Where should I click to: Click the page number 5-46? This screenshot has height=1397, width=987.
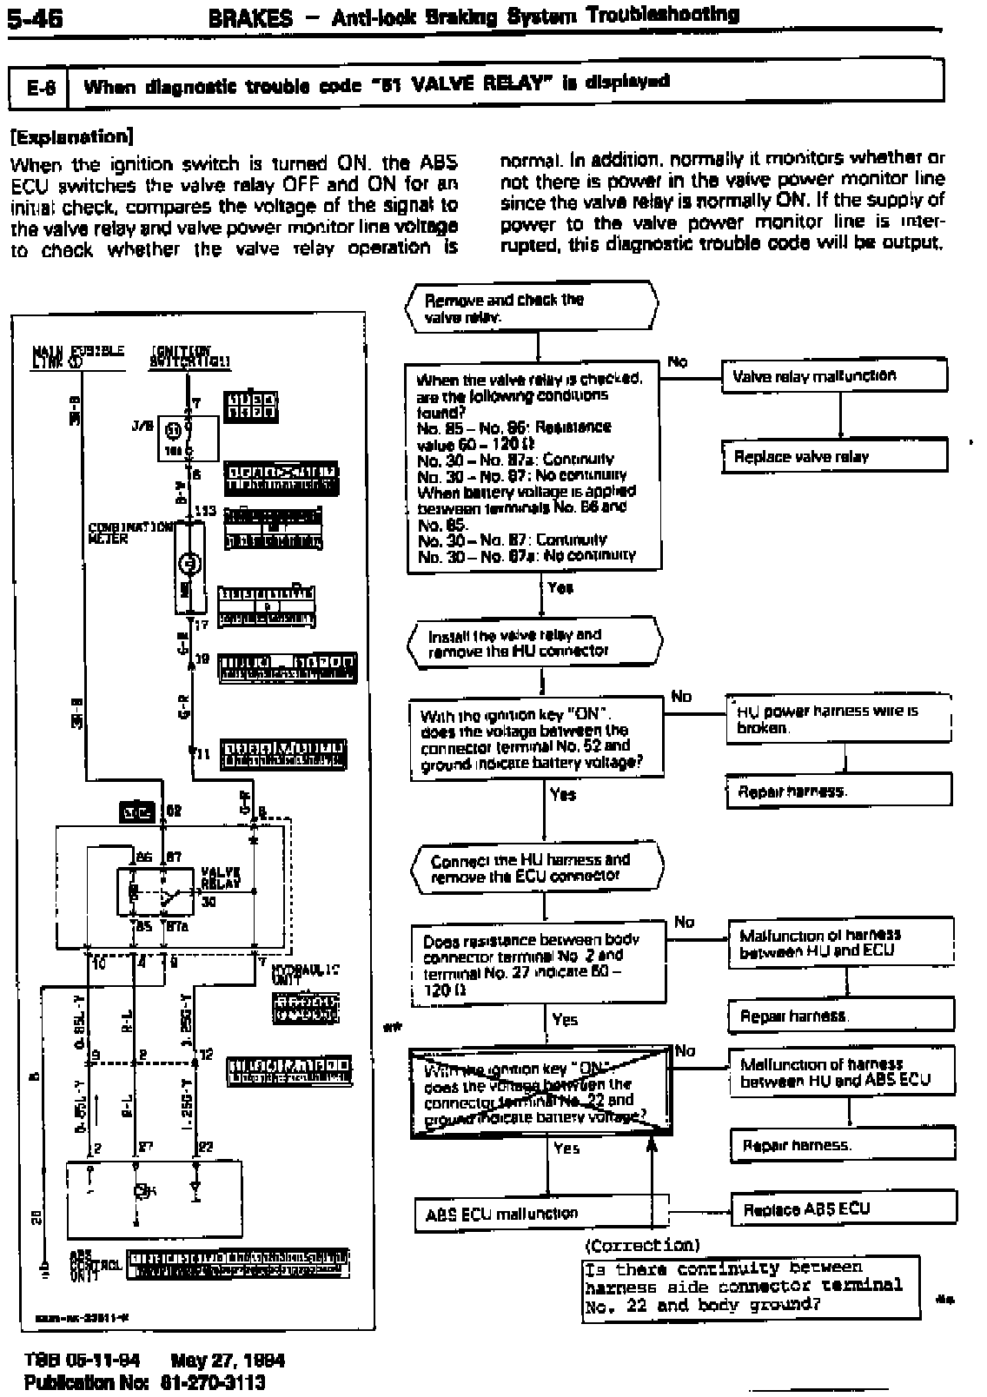33,18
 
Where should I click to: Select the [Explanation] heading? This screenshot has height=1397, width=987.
71,136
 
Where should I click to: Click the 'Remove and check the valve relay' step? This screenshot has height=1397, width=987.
532,308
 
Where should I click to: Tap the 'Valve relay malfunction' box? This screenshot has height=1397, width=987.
834,375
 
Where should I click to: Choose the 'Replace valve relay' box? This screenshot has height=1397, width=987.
834,456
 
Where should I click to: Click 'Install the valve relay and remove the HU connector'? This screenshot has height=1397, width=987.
534,643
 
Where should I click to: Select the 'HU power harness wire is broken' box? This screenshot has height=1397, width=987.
838,718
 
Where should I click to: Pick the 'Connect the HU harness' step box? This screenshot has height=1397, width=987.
536,867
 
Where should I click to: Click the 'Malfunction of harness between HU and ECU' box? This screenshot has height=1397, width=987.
840,943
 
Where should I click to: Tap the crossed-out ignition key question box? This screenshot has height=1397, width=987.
540,1092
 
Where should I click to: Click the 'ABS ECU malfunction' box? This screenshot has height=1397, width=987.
541,1214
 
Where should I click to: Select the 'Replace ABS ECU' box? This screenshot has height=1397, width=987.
843,1208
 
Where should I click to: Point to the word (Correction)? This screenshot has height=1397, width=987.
643,1245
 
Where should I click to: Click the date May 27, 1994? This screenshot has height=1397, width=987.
228,1361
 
